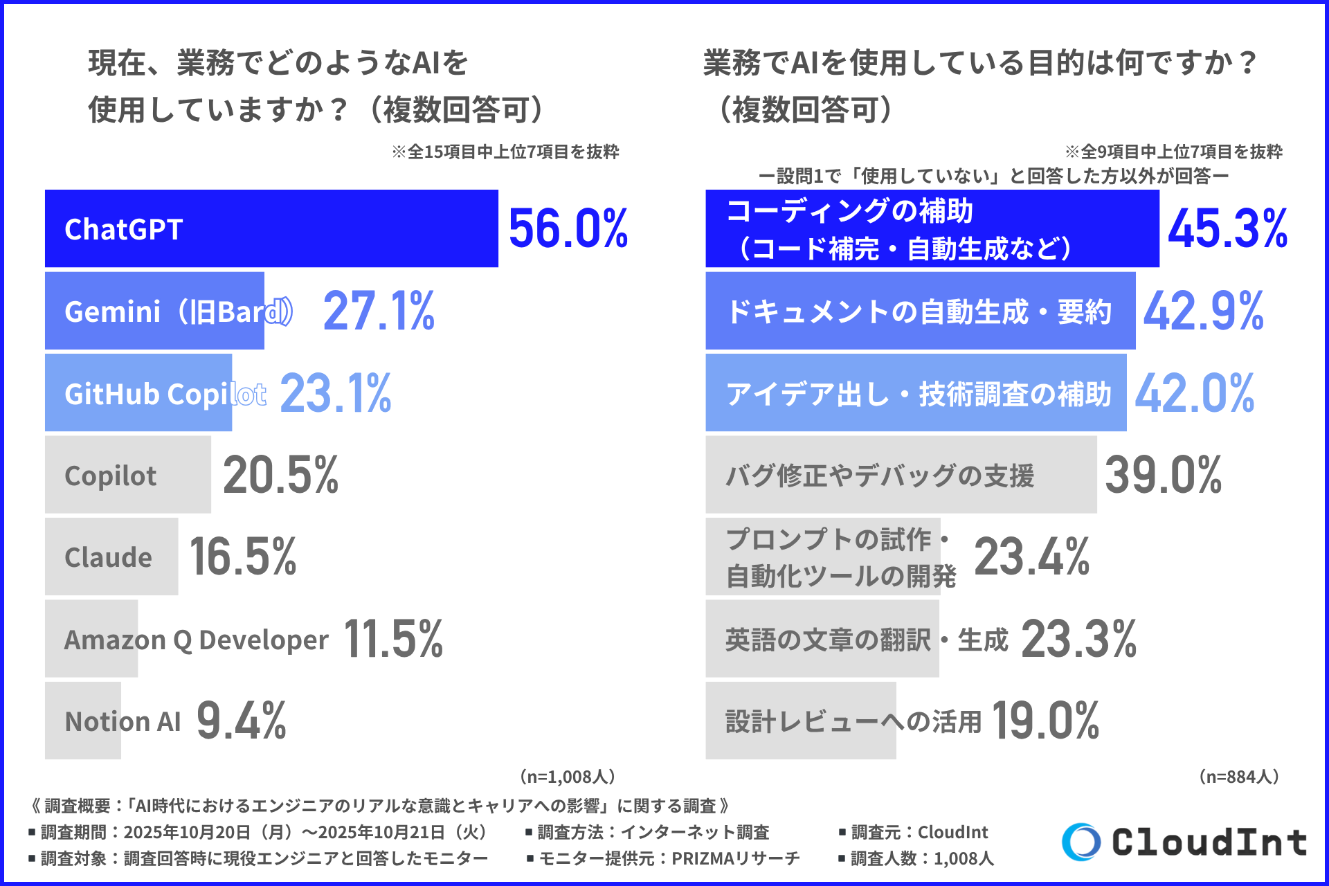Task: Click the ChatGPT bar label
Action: tap(123, 229)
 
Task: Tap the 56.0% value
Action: tap(568, 229)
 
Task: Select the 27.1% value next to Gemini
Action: tap(379, 311)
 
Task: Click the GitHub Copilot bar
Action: tap(138, 393)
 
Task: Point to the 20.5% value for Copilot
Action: tap(280, 476)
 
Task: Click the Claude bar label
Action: tap(108, 557)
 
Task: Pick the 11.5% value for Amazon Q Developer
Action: tap(392, 639)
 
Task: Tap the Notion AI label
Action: tap(123, 721)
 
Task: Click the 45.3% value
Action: tap(1227, 229)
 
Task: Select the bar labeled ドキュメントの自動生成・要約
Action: tap(919, 311)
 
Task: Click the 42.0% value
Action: tap(1194, 393)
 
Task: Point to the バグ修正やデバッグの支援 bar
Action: tap(900, 476)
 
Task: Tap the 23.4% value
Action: tap(1031, 557)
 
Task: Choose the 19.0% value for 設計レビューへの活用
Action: tap(1045, 721)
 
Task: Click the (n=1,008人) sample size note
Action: tap(567, 777)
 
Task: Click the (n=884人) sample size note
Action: tap(1238, 777)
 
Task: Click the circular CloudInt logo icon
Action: tap(1081, 842)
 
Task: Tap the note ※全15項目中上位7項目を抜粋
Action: tap(505, 152)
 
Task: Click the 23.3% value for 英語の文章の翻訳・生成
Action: tap(1078, 639)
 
